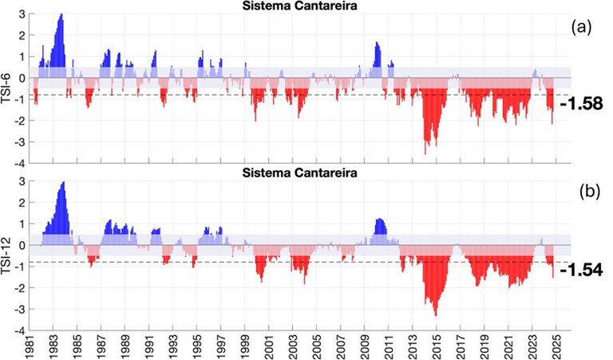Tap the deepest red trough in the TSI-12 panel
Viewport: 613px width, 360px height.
pyautogui.click(x=435, y=315)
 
